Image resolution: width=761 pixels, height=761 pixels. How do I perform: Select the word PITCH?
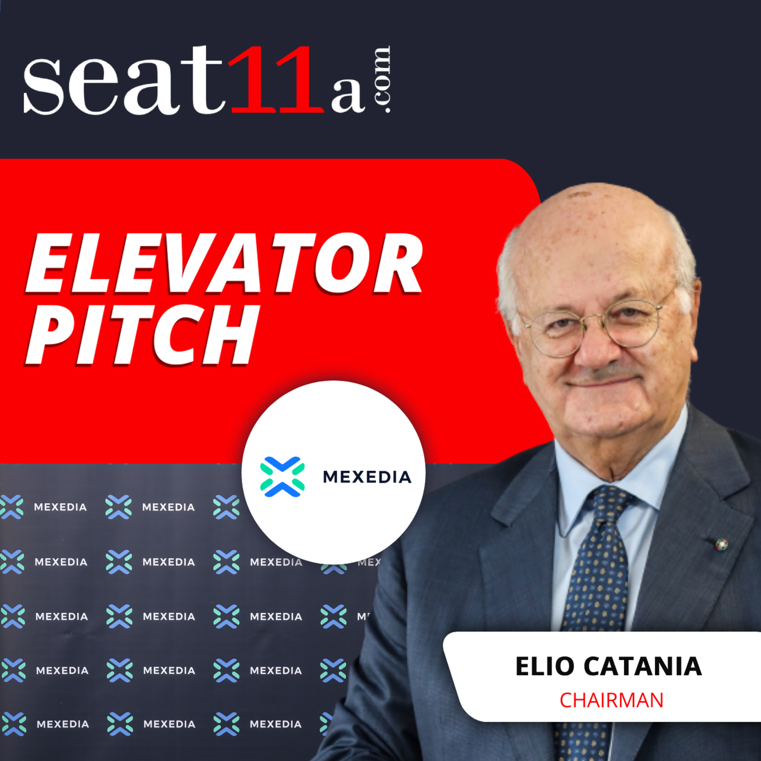142,335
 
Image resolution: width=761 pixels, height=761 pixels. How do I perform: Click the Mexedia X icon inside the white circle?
282,477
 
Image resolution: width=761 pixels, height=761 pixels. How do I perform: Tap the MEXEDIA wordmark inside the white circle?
367,477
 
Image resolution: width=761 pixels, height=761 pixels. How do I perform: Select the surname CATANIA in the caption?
643,666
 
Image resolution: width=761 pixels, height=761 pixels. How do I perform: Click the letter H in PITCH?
230,335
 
